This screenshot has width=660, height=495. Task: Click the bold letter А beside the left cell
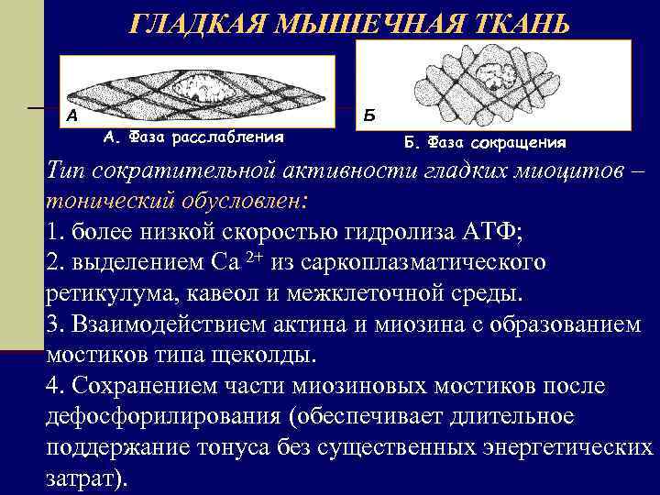(71, 117)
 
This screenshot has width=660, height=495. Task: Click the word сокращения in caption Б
(519, 144)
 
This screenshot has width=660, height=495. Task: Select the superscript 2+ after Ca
(255, 257)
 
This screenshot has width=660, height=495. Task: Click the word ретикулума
(104, 294)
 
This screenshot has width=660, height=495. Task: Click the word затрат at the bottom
(81, 479)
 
